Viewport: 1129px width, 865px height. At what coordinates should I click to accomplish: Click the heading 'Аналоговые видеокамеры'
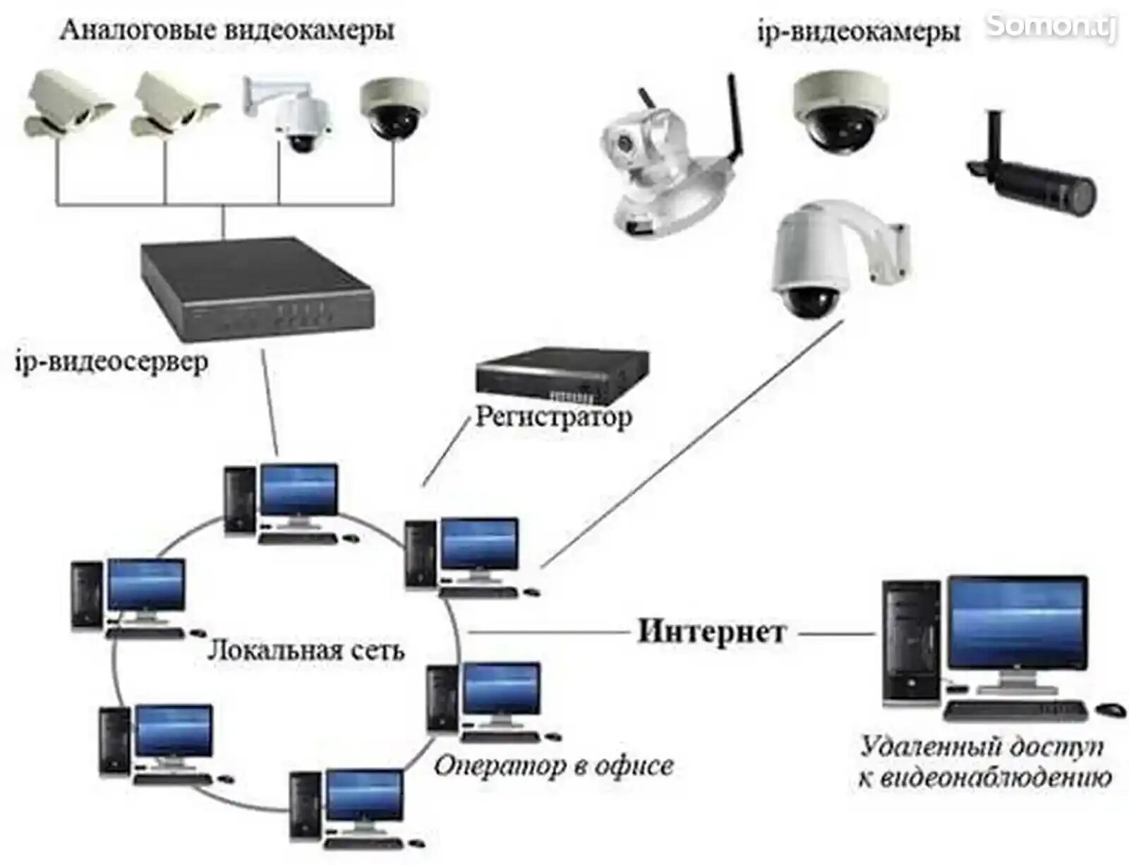[x=227, y=30]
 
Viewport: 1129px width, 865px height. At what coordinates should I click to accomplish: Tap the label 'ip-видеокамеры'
[x=858, y=32]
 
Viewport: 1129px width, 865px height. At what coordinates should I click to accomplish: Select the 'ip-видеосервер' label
[x=111, y=362]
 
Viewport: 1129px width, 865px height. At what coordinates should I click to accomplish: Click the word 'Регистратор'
[x=553, y=417]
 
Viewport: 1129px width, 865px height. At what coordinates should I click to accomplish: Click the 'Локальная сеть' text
[x=306, y=650]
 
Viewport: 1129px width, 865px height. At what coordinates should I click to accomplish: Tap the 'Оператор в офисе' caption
[x=553, y=765]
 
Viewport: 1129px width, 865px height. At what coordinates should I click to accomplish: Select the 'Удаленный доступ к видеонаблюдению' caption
[x=984, y=762]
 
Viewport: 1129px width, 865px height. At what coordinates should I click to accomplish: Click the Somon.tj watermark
[x=1051, y=25]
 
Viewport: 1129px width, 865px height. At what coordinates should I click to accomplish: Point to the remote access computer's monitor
[x=1017, y=623]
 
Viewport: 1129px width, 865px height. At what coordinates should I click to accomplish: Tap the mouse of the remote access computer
[x=1110, y=709]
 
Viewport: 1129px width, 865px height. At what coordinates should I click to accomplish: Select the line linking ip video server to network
[x=270, y=402]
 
